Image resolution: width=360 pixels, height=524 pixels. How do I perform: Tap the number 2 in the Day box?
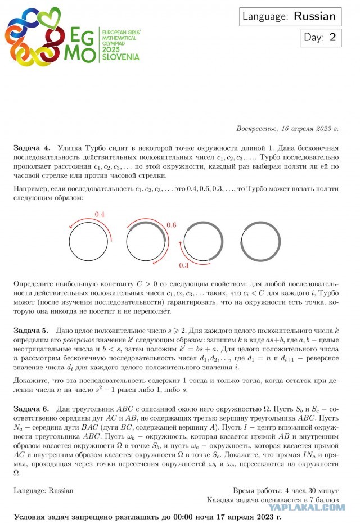tap(332, 38)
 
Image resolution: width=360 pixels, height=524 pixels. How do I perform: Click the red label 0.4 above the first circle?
tap(100, 214)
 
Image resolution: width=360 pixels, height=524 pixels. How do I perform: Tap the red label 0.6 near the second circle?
tap(172, 225)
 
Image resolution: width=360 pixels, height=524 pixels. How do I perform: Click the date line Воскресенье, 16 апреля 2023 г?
tap(287, 129)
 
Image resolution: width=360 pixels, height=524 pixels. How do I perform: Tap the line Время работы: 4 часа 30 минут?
tap(285, 490)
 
